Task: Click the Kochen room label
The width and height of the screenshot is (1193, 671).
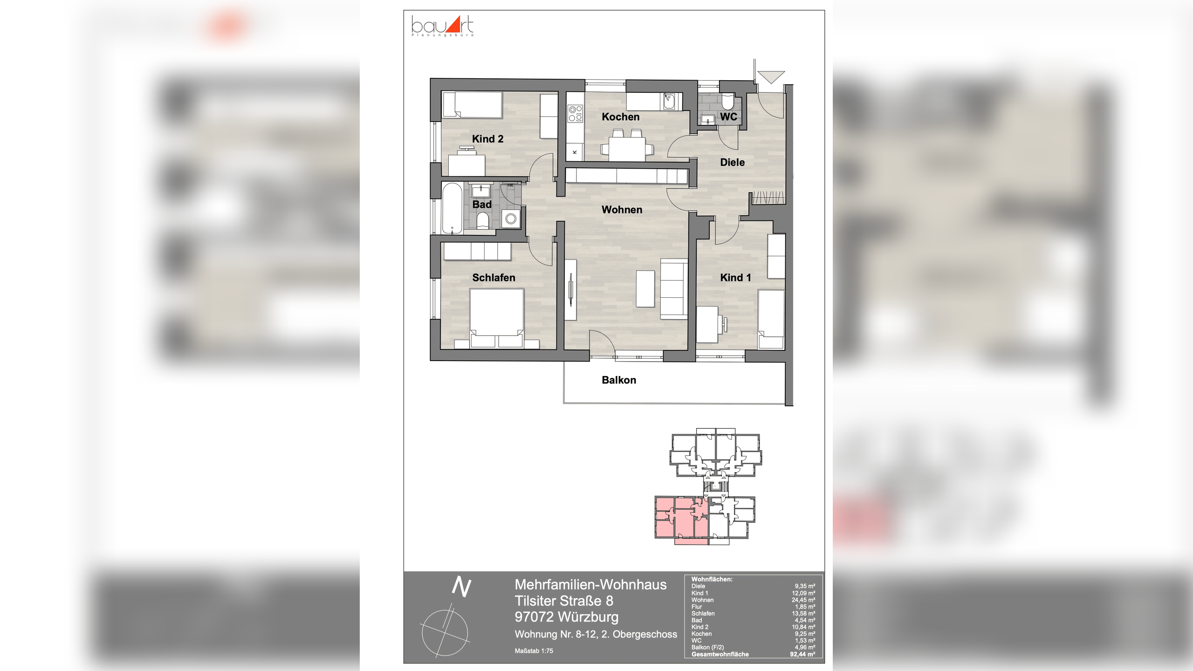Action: point(620,117)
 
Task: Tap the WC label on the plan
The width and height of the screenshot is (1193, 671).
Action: point(729,117)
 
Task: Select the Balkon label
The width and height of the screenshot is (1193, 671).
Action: point(619,380)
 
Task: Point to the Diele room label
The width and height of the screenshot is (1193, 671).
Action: point(732,163)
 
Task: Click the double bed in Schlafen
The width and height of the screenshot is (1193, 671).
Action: point(497,317)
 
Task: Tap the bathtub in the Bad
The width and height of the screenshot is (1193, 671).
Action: point(452,208)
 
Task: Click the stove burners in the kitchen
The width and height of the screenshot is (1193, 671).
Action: point(575,114)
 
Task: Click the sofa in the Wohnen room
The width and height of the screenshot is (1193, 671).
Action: point(674,290)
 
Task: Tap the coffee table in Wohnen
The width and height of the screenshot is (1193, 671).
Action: point(645,288)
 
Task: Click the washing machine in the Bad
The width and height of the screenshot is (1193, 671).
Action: point(511,219)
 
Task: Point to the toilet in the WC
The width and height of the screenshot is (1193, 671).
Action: point(727,102)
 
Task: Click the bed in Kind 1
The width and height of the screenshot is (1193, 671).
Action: point(771,319)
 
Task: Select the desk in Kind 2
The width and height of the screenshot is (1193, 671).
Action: point(466,164)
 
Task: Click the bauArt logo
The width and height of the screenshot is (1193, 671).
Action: point(443,26)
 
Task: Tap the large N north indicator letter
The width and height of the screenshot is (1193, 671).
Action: point(461,587)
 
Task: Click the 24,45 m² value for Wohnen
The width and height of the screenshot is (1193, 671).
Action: point(803,600)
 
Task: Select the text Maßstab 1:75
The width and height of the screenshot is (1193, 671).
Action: point(534,651)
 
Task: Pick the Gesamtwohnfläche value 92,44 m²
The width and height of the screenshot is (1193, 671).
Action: point(802,654)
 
